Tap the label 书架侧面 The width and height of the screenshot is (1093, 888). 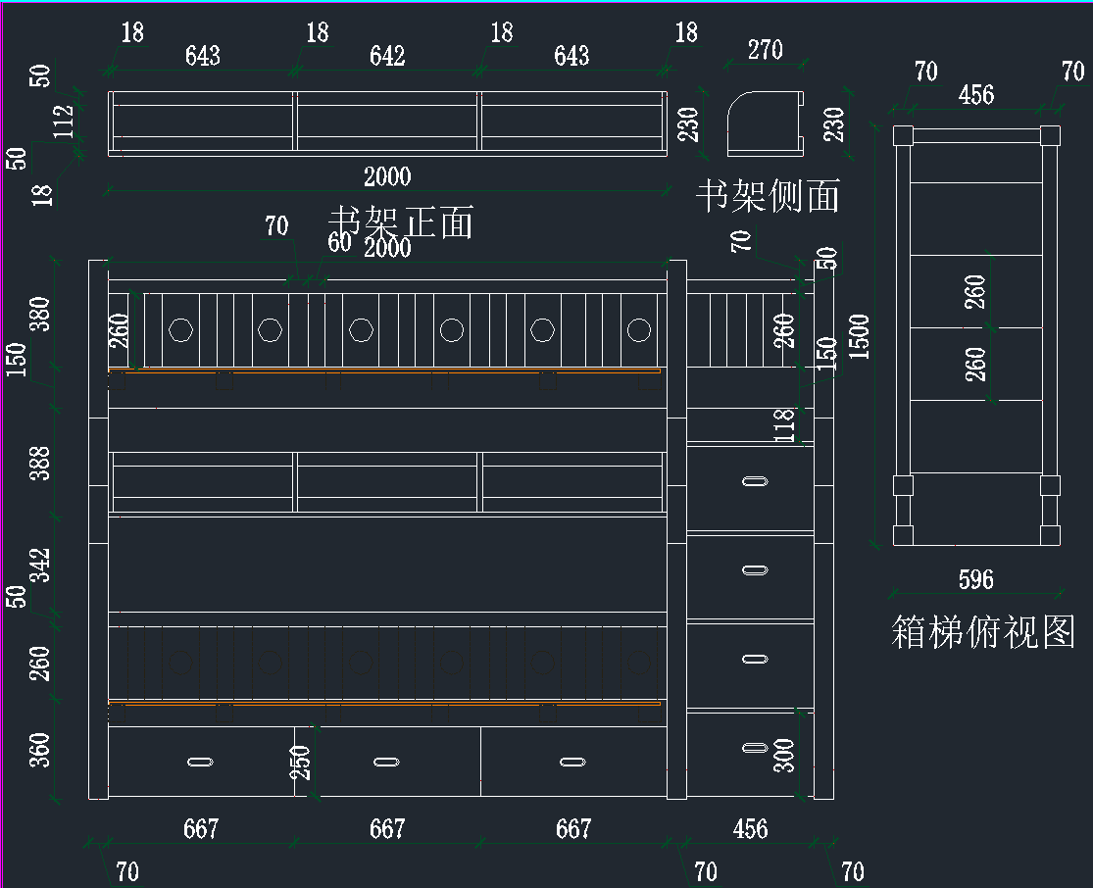click(x=768, y=195)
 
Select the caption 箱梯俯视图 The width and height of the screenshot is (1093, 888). click(x=983, y=631)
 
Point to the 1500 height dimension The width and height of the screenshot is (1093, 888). click(x=859, y=337)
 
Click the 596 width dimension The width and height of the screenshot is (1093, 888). click(x=975, y=579)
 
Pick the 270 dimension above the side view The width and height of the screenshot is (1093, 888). click(x=765, y=49)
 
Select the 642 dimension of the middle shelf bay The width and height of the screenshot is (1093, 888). click(x=387, y=56)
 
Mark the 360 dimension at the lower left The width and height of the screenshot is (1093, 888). click(x=39, y=749)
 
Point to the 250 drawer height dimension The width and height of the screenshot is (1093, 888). click(x=300, y=763)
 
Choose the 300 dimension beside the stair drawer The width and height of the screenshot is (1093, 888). click(x=784, y=755)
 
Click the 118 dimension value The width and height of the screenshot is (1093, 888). click(x=784, y=425)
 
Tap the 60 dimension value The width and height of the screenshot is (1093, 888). click(x=338, y=242)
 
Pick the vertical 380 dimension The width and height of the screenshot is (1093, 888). click(x=39, y=314)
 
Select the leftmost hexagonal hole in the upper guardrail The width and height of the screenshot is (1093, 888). click(x=179, y=329)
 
